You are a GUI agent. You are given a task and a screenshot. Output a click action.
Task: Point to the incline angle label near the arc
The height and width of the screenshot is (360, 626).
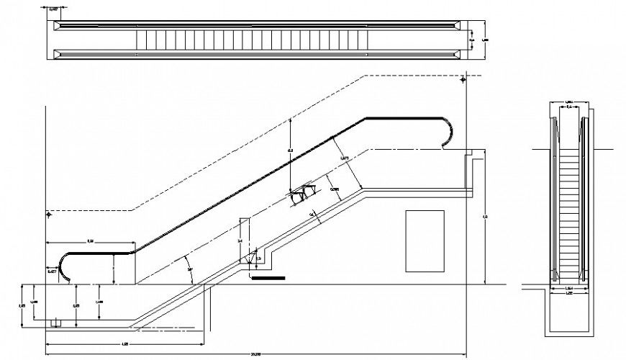(191, 269)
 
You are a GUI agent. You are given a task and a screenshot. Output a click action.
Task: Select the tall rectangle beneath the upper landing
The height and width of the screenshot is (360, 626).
(425, 240)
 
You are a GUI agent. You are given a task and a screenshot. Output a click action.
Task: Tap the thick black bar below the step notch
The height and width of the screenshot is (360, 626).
(268, 276)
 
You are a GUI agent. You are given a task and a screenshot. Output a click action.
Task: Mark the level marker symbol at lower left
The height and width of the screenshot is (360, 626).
(48, 214)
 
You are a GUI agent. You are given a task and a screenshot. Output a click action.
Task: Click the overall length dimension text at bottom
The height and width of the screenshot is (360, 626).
(256, 353)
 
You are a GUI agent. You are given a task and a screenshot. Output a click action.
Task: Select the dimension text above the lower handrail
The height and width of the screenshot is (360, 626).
(91, 239)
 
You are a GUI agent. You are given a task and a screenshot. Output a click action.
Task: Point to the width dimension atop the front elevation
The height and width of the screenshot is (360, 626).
(568, 103)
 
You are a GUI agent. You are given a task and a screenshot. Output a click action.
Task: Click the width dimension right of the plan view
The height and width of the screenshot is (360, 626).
(473, 34)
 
